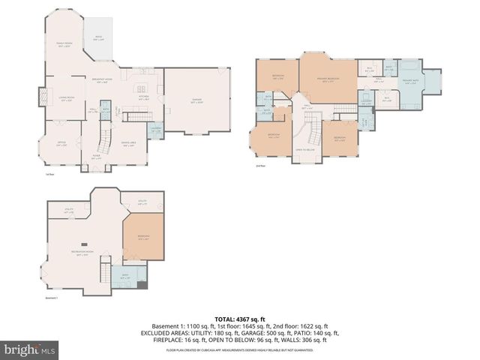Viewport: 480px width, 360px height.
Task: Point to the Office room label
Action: point(62,144)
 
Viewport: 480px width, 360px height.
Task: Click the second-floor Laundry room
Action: point(364,103)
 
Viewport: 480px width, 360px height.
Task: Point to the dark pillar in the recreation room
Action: point(84,244)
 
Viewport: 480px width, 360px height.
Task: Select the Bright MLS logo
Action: point(30,349)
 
